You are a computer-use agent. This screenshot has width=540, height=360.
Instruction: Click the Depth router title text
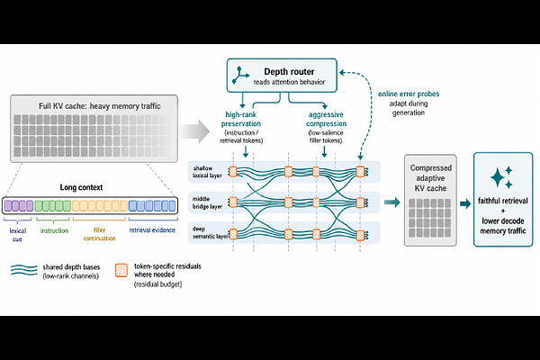point(289,72)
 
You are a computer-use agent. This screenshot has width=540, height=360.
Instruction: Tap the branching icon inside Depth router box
point(240,75)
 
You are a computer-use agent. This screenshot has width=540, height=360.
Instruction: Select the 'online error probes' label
point(409,94)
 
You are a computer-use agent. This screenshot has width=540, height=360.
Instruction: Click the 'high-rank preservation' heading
point(240,119)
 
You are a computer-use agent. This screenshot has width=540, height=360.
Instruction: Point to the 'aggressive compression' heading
point(326,119)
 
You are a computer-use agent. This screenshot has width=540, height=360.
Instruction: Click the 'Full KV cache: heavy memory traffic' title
point(100,106)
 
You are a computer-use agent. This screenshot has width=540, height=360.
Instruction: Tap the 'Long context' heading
point(81,187)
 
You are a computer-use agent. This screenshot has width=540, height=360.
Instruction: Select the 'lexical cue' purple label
point(18,235)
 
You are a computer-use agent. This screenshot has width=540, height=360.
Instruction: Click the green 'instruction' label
point(54,230)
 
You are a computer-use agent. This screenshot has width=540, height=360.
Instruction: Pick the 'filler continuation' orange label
point(99,234)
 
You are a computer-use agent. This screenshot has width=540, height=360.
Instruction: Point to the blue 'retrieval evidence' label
point(152,230)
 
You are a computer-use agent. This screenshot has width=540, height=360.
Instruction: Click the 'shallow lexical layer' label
point(207,172)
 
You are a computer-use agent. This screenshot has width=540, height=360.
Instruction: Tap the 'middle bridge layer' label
point(207,202)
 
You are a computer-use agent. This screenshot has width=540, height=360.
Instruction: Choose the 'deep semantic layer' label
point(210,232)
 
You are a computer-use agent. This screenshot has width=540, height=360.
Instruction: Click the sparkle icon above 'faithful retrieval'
point(501,177)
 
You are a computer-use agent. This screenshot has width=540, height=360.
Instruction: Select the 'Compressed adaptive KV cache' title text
point(430,178)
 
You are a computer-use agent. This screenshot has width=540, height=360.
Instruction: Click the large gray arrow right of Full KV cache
point(194,130)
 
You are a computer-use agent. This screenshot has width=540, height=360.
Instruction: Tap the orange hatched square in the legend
point(121,270)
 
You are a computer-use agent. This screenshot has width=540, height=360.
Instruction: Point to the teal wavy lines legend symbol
point(24,270)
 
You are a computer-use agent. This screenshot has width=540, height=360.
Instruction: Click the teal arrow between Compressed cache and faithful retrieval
point(465,203)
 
